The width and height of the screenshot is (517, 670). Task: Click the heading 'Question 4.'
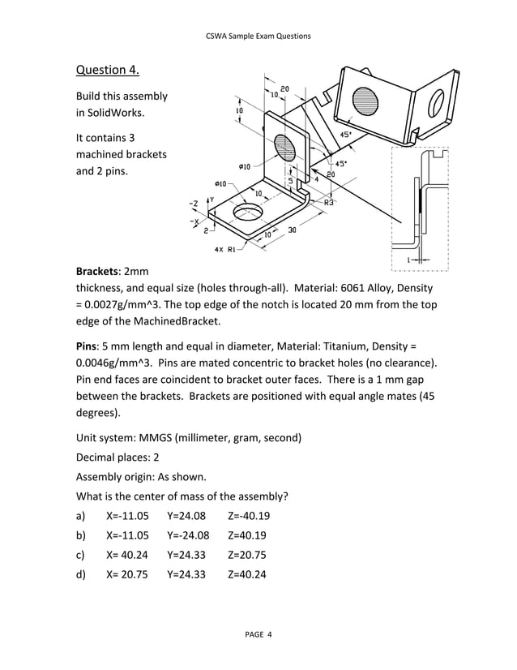(x=107, y=69)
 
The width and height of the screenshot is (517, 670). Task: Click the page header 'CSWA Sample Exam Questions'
(x=258, y=37)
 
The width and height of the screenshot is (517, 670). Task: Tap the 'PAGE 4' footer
(x=258, y=633)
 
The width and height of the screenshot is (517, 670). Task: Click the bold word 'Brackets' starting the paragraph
(x=100, y=270)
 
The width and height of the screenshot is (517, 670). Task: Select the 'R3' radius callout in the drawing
(x=329, y=200)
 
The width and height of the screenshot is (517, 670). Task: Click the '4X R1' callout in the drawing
(x=224, y=249)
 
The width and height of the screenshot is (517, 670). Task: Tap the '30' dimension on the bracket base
(x=292, y=230)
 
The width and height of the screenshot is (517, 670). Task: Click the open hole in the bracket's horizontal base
(x=248, y=214)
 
